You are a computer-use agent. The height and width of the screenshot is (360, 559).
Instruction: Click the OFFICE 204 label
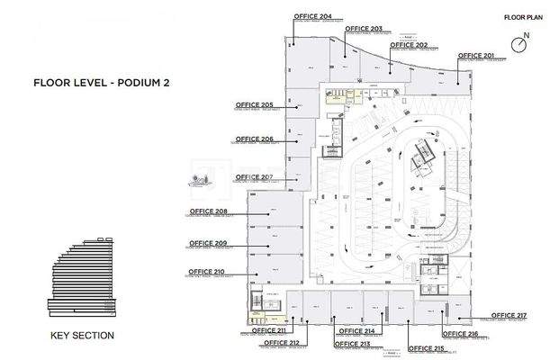click(312, 16)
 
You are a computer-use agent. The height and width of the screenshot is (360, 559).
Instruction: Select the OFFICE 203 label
click(363, 29)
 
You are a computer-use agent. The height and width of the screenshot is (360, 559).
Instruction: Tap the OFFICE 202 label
click(409, 44)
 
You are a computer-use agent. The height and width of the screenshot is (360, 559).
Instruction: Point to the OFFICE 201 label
click(475, 56)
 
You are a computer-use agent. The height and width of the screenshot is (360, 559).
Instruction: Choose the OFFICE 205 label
click(254, 105)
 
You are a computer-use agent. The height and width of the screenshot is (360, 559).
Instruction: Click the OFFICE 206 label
click(254, 139)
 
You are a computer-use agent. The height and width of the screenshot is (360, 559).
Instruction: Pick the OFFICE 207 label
click(253, 176)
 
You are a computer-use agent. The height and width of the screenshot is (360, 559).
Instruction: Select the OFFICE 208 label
click(208, 211)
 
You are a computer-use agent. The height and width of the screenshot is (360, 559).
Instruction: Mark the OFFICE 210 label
click(206, 271)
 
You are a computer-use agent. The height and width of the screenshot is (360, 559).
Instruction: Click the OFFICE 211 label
click(268, 330)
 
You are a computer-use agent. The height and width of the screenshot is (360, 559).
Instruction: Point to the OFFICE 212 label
click(281, 343)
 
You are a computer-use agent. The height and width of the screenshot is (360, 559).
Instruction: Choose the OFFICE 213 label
click(352, 344)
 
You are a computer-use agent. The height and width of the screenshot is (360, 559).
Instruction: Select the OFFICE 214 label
click(356, 331)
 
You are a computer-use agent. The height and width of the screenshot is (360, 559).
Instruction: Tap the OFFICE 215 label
click(426, 347)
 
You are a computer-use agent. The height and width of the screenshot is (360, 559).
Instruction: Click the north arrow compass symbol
click(519, 43)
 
